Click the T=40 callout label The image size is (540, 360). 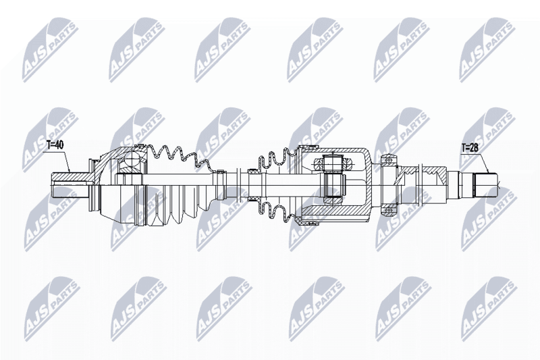pyautogui.click(x=55, y=145)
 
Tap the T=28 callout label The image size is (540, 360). pyautogui.click(x=470, y=148)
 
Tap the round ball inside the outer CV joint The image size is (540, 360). pyautogui.click(x=131, y=159)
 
